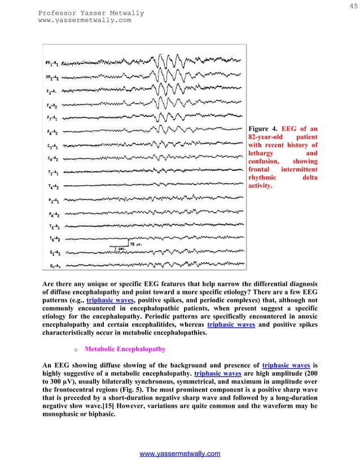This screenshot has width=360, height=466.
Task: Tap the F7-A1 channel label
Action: [53, 118]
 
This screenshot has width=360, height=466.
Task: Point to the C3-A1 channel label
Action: [53, 146]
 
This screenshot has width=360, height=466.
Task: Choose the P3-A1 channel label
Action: [53, 200]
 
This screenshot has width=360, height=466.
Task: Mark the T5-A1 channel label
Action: [53, 227]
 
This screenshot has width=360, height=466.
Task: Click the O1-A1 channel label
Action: [53, 253]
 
